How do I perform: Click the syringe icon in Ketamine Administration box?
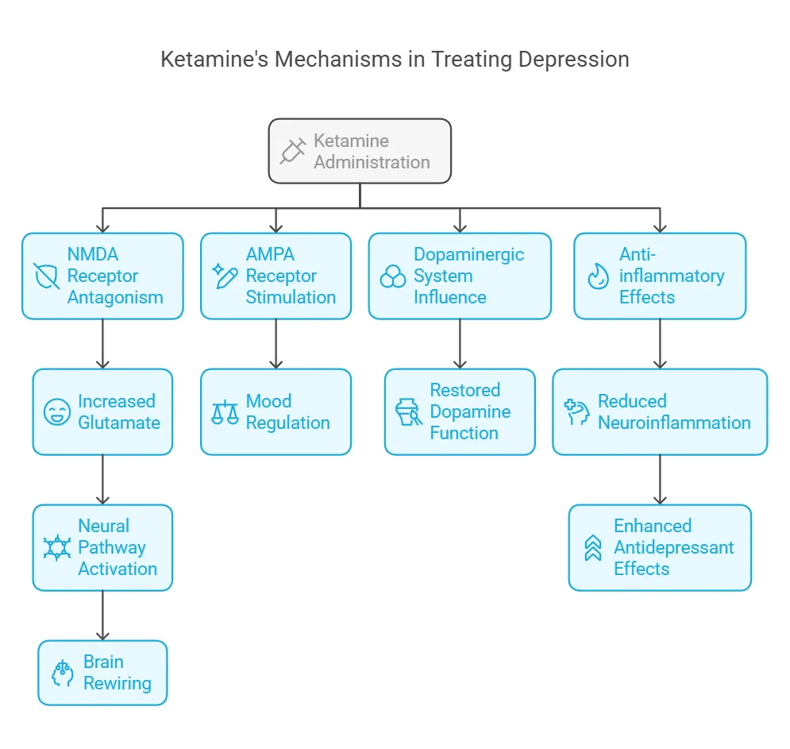(x=293, y=151)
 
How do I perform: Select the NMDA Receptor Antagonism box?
(x=102, y=276)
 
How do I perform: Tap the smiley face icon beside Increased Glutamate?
(x=57, y=411)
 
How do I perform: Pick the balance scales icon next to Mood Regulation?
(x=225, y=411)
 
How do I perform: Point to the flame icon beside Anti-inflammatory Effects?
(x=597, y=276)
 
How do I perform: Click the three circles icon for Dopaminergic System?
(x=393, y=276)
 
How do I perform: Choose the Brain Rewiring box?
(x=102, y=673)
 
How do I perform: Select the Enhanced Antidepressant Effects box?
(x=660, y=547)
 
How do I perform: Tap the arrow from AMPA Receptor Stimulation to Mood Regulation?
(x=276, y=343)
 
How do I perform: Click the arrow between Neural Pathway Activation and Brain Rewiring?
(x=102, y=615)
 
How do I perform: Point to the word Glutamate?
(x=119, y=423)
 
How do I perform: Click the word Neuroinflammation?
(x=674, y=423)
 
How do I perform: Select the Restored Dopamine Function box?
(x=460, y=411)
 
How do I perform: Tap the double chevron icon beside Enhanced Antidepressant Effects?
(x=593, y=547)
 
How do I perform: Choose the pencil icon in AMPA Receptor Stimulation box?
(x=225, y=276)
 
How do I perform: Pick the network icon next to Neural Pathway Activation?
(x=57, y=547)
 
